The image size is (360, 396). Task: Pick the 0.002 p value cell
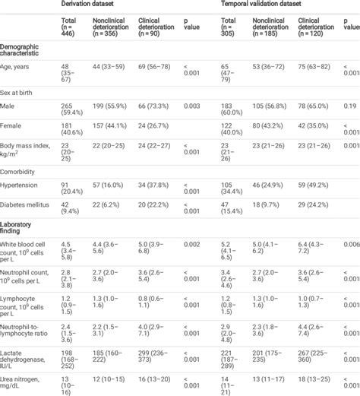pyautogui.click(x=191, y=243)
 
